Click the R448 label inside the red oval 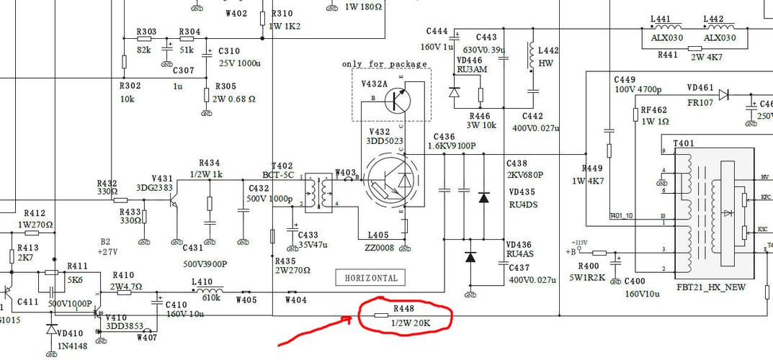pyautogui.click(x=403, y=308)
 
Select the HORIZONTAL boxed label pyautogui.click(x=371, y=278)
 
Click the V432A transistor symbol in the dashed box pyautogui.click(x=396, y=101)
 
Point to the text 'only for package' pyautogui.click(x=385, y=64)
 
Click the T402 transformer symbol pyautogui.click(x=317, y=191)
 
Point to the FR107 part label pyautogui.click(x=700, y=103)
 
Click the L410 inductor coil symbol pyautogui.click(x=211, y=292)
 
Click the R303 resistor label pyautogui.click(x=146, y=32)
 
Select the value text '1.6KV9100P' pyautogui.click(x=452, y=145)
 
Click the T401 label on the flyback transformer pyautogui.click(x=684, y=143)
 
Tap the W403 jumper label pyautogui.click(x=346, y=173)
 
